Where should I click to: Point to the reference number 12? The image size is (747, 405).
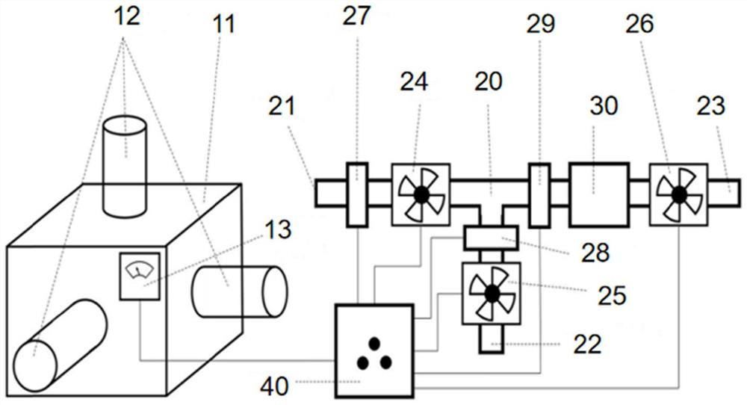[126, 16]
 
